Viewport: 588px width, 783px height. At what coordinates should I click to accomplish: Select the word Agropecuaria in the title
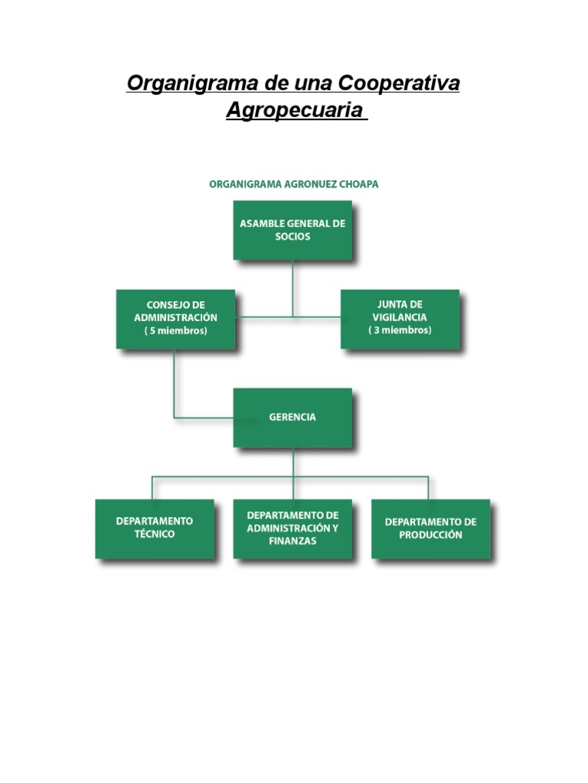(x=293, y=110)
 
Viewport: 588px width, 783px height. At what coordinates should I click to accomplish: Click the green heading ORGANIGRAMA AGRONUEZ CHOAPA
(x=294, y=184)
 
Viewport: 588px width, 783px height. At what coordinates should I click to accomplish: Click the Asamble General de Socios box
(x=292, y=230)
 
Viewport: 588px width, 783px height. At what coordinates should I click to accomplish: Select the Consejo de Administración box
(x=175, y=318)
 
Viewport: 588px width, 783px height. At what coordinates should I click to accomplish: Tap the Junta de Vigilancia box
(x=400, y=318)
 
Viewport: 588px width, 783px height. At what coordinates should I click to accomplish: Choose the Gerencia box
(x=292, y=417)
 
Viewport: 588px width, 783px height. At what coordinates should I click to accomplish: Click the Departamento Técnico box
(x=155, y=528)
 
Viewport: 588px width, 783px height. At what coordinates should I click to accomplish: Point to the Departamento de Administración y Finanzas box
(x=292, y=528)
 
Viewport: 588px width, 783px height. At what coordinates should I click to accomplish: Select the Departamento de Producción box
(x=430, y=528)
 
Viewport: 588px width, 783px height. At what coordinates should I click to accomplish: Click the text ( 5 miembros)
(x=175, y=331)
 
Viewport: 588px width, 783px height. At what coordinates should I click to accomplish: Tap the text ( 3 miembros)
(x=400, y=330)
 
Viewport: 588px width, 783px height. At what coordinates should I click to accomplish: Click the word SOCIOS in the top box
(x=292, y=237)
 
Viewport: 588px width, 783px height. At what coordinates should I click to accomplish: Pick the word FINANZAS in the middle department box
(x=292, y=541)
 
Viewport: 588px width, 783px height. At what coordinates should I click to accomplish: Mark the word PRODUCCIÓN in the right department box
(x=430, y=535)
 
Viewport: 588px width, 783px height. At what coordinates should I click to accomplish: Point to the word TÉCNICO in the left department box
(x=155, y=534)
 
